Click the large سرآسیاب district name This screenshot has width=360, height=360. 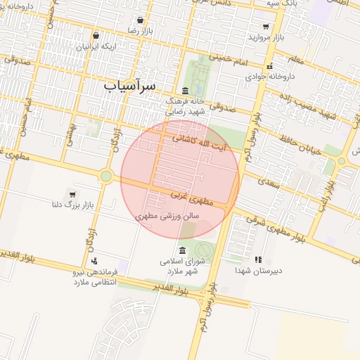pyautogui.click(x=131, y=84)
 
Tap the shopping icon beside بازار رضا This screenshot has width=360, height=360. pyautogui.click(x=141, y=20)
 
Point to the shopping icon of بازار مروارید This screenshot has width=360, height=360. pyautogui.click(x=266, y=27)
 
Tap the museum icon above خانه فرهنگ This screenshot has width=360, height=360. pyautogui.click(x=185, y=91)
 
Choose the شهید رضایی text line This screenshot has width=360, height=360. pyautogui.click(x=184, y=111)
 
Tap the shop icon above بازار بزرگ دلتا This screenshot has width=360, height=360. pyautogui.click(x=73, y=193)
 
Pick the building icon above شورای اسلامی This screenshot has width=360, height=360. pyautogui.click(x=183, y=251)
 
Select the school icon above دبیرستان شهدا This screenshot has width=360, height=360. pyautogui.click(x=257, y=260)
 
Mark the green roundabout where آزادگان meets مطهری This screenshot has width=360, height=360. pyautogui.click(x=106, y=176)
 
